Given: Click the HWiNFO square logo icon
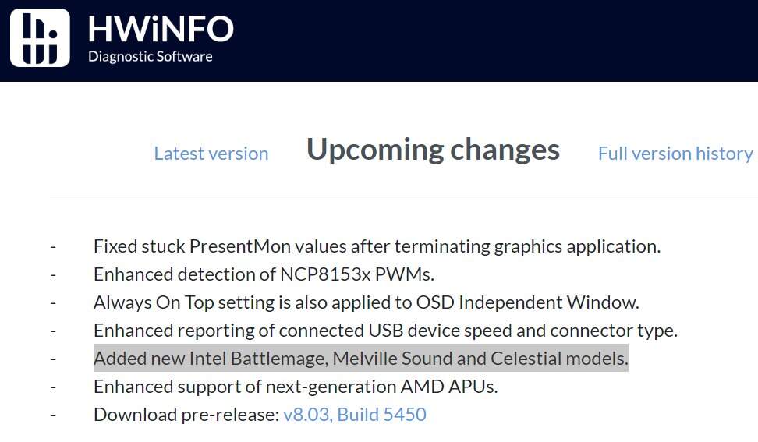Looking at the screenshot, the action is point(40,37).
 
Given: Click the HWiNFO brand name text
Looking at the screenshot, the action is point(161,29).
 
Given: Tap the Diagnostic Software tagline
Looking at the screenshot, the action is point(151,57).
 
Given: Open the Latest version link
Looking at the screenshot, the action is point(211,154).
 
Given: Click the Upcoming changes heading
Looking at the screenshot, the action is point(433,150).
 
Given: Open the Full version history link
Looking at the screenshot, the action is point(675,154).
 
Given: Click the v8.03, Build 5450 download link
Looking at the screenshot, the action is point(355,415).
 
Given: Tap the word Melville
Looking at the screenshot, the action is point(365,359).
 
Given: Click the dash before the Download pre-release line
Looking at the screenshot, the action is point(53,415).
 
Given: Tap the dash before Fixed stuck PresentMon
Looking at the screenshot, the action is point(53,247).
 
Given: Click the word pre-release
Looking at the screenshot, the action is point(230,415).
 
